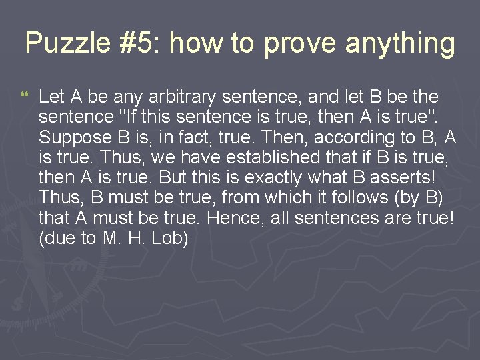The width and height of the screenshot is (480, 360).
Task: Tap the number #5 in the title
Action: click(x=139, y=44)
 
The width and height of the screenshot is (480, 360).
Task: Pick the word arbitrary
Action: click(x=170, y=97)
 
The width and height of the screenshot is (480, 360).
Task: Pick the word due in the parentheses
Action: click(x=60, y=238)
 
